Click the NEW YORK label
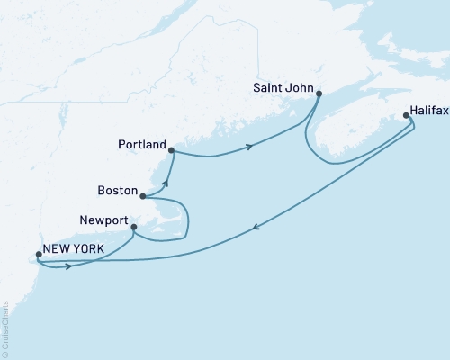point(76,248)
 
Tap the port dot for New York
point(38,255)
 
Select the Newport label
point(104,219)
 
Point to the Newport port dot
point(133,227)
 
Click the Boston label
point(120,191)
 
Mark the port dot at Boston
point(143,195)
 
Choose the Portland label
point(142,144)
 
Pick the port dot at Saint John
point(319,93)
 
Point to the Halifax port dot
point(406,115)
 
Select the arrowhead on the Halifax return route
point(258,227)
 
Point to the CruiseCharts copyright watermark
point(5,328)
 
